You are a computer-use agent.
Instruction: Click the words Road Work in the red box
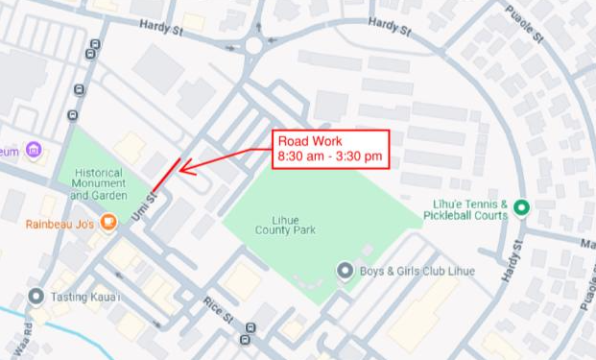pos(303,141)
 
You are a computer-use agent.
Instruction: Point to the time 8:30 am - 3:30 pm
pos(329,156)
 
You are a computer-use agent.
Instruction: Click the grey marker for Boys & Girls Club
pos(345,271)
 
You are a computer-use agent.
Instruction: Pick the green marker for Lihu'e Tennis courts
pos(521,207)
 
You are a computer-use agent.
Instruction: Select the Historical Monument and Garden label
pos(99,183)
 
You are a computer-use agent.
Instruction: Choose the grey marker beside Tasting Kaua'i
pos(36,297)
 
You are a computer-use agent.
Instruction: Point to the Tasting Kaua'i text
pos(86,298)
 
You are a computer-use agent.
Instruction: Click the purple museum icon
pos(34,151)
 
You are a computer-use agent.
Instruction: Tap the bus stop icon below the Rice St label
pos(249,337)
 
